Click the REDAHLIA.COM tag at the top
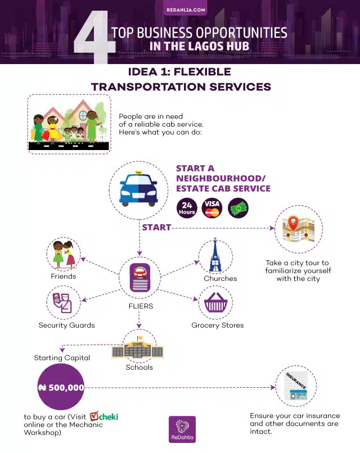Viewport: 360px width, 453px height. [x=186, y=10]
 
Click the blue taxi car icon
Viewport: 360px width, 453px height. [x=138, y=189]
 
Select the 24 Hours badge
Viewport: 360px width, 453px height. [x=187, y=208]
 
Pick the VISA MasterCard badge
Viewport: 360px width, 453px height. [x=212, y=208]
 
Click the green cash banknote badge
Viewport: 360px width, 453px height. [x=238, y=208]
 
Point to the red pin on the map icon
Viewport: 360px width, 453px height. [x=293, y=223]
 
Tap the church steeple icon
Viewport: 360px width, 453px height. [x=215, y=255]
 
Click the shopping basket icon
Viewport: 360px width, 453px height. [x=215, y=302]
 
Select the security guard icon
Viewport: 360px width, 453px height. [x=62, y=302]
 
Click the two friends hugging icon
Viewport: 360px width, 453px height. [x=64, y=254]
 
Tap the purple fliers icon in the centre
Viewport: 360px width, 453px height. [x=140, y=278]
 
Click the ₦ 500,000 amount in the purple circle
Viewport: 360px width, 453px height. [x=61, y=387]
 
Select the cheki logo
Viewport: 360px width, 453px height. [x=104, y=416]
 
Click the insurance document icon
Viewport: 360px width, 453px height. [x=296, y=386]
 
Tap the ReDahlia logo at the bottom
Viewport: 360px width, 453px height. [x=182, y=429]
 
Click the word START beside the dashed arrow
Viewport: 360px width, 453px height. [x=156, y=228]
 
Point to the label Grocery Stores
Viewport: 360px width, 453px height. [x=218, y=325]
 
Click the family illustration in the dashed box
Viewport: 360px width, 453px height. [x=69, y=124]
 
